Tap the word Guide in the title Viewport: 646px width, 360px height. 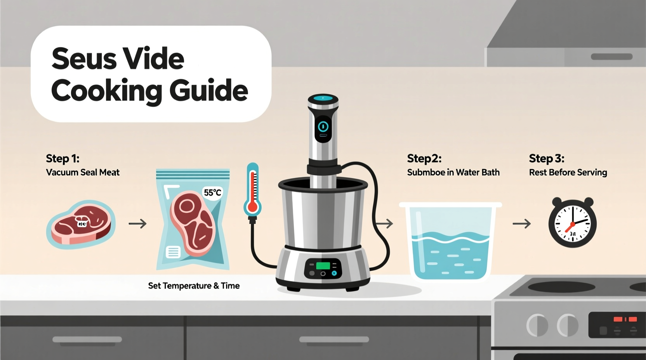click(x=208, y=91)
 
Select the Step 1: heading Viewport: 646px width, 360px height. click(x=63, y=159)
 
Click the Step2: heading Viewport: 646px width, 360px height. click(x=424, y=159)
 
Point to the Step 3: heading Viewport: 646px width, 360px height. click(x=546, y=159)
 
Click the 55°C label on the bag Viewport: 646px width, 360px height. click(x=212, y=193)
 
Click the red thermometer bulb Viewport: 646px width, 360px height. click(x=252, y=207)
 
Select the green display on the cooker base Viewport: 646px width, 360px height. click(x=323, y=266)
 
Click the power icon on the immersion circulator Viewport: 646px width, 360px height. click(x=323, y=126)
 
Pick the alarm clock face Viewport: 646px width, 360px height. click(x=572, y=223)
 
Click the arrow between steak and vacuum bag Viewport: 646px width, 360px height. click(x=137, y=224)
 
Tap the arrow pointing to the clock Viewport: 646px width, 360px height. click(x=521, y=224)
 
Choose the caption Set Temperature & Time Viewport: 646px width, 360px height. click(x=194, y=286)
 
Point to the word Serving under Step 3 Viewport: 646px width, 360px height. click(x=592, y=173)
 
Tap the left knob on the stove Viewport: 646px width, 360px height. click(x=537, y=325)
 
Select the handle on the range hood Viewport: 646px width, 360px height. click(x=611, y=57)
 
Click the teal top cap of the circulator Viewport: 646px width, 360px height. click(x=323, y=98)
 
